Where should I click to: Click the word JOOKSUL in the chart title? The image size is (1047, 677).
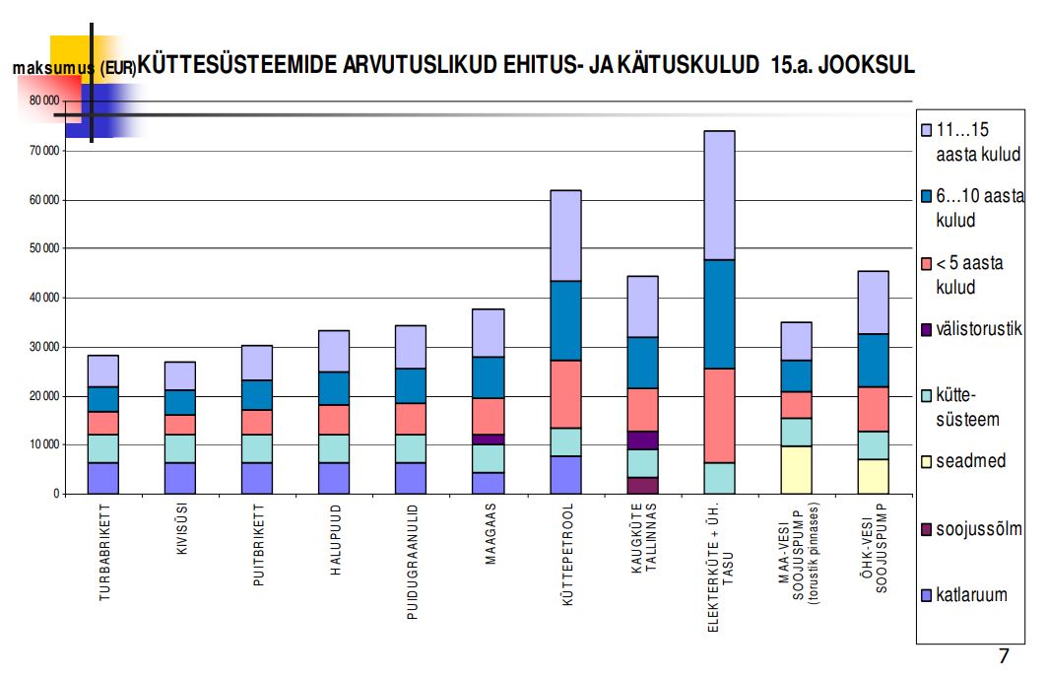click(866, 65)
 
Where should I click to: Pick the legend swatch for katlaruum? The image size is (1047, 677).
click(926, 596)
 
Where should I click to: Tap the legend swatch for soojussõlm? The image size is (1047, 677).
click(926, 530)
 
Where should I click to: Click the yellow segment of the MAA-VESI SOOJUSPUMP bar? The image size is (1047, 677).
click(796, 469)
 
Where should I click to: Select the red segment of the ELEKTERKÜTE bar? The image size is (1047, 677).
click(720, 415)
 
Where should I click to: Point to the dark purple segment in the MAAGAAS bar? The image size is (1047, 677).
click(490, 439)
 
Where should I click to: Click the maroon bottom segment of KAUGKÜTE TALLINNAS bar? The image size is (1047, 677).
click(642, 485)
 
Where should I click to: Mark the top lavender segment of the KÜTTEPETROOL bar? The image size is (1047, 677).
click(565, 236)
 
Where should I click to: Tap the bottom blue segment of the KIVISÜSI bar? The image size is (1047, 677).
click(179, 478)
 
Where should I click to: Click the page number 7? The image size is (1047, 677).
click(1004, 657)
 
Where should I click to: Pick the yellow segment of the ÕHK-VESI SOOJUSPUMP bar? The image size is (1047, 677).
click(873, 476)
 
